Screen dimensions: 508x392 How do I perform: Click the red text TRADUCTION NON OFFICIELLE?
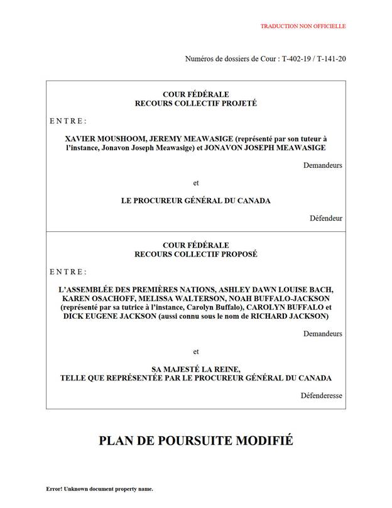click(x=303, y=26)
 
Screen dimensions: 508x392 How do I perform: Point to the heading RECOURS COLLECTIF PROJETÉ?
click(x=196, y=103)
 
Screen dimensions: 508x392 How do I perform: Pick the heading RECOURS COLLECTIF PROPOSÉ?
click(x=196, y=254)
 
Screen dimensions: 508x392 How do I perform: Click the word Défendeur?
click(x=326, y=219)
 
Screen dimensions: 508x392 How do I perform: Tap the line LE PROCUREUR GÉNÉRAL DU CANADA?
click(x=196, y=201)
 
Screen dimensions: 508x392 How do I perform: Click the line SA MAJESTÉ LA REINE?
click(x=196, y=368)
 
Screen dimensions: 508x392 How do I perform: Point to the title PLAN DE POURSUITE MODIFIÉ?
click(x=196, y=440)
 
